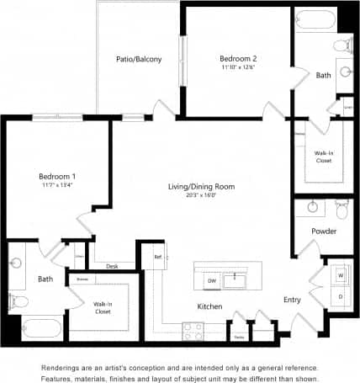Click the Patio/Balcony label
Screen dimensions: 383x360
(x=139, y=59)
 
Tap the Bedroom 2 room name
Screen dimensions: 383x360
(x=238, y=58)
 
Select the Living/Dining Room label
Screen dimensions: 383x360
(x=201, y=186)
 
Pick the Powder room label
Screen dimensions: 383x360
(x=324, y=230)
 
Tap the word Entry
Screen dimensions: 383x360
(x=292, y=299)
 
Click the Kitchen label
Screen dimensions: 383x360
(x=209, y=306)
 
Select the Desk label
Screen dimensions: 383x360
(x=112, y=266)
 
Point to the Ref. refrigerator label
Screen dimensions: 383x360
(x=157, y=256)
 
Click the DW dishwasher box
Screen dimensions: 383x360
(x=212, y=280)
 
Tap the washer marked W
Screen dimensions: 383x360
(x=341, y=275)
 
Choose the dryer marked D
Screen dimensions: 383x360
(x=341, y=295)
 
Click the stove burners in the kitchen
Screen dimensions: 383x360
(x=193, y=330)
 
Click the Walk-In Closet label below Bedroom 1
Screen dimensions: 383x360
(x=103, y=307)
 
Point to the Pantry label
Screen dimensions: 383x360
(x=239, y=336)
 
